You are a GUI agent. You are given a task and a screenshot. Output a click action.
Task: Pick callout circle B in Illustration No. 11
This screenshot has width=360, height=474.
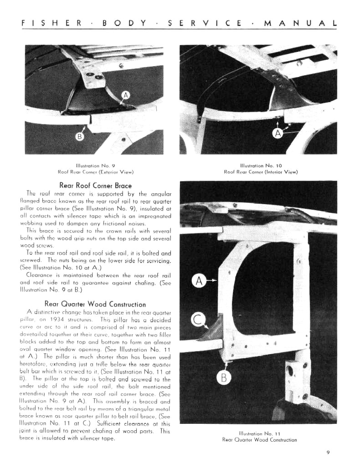pyautogui.click(x=224, y=378)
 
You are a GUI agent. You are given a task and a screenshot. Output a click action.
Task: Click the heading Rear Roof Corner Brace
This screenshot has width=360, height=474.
pyautogui.click(x=96, y=185)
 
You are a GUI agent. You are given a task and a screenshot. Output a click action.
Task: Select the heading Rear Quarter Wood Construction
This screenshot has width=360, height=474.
pyautogui.click(x=95, y=304)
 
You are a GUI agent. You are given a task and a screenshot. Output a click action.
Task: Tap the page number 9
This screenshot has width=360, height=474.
pyautogui.click(x=328, y=452)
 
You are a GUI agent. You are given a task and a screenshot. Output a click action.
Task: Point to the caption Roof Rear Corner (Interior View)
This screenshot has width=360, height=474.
pyautogui.click(x=261, y=172)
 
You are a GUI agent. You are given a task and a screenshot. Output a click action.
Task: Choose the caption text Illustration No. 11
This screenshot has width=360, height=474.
pyautogui.click(x=260, y=433)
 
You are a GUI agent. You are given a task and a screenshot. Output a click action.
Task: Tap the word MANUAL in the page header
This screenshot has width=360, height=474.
pyautogui.click(x=300, y=23)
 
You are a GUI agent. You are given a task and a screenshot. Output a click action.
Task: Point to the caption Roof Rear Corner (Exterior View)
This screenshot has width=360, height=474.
pyautogui.click(x=96, y=172)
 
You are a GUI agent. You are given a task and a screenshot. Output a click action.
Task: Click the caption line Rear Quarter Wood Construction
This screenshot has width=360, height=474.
pyautogui.click(x=260, y=440)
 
